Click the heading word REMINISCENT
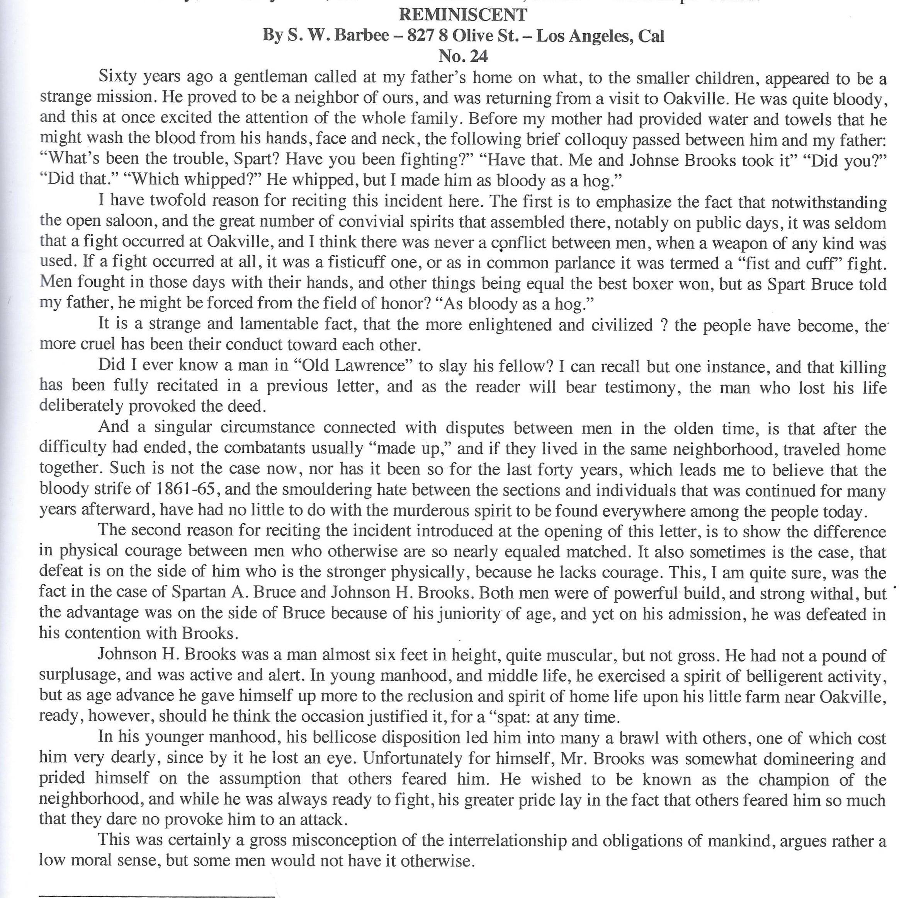(x=462, y=15)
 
